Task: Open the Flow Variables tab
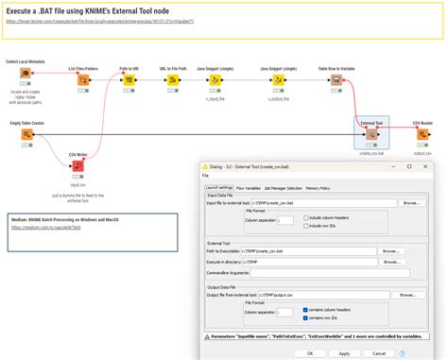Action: click(249, 187)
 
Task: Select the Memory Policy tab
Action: click(318, 187)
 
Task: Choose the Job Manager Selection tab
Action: click(284, 187)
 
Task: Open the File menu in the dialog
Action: click(206, 175)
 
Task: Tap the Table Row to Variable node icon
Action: click(336, 80)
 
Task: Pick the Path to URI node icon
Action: click(128, 80)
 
